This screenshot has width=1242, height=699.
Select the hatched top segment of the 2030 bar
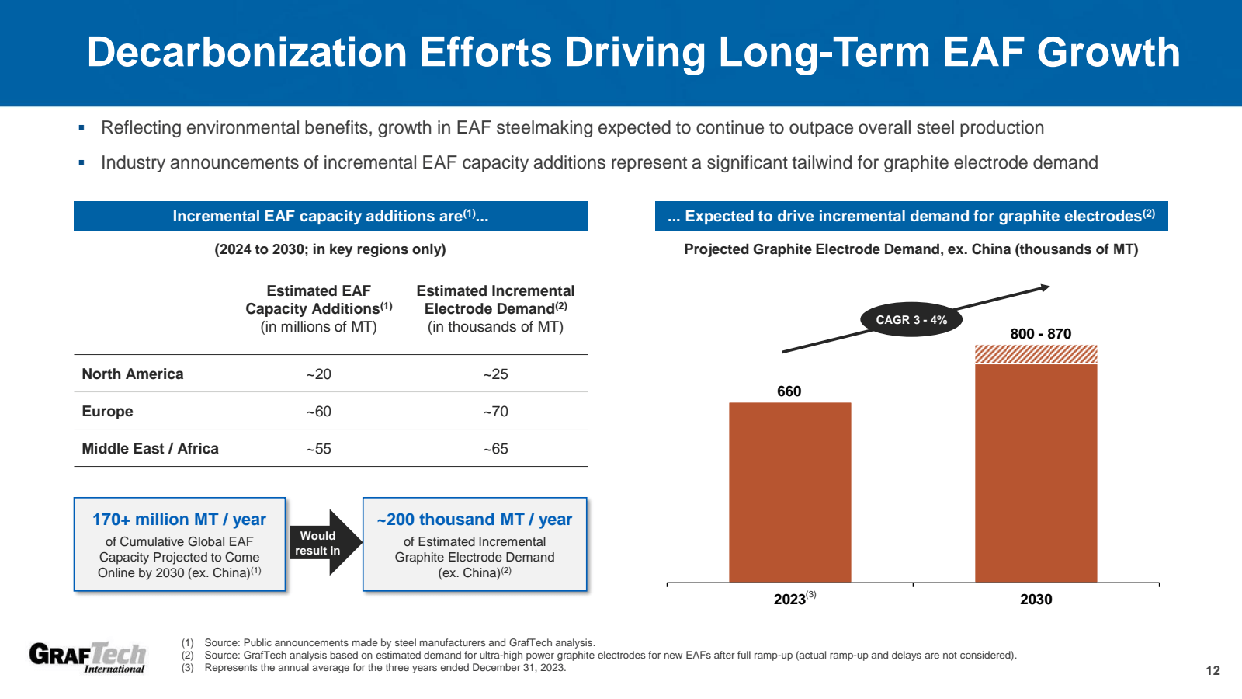click(x=1036, y=354)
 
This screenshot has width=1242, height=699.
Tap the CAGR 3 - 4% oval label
click(x=911, y=320)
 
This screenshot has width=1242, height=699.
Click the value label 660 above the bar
click(x=789, y=391)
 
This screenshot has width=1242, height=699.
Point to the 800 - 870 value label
click(x=1040, y=334)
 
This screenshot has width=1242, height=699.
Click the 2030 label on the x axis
click(x=1036, y=600)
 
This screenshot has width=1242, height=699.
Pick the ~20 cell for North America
click(x=318, y=374)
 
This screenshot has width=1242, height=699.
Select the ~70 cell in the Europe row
click(x=495, y=412)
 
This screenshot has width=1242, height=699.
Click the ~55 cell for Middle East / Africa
click(x=318, y=449)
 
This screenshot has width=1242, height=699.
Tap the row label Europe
click(x=107, y=412)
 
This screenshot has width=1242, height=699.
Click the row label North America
click(x=133, y=374)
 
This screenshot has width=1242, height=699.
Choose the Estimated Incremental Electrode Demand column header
click(x=495, y=308)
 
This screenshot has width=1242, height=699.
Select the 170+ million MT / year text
click(x=179, y=520)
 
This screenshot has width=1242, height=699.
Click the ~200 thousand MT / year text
click(x=474, y=520)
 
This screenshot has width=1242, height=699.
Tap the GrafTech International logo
click(x=87, y=657)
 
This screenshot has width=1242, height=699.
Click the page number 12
click(x=1213, y=671)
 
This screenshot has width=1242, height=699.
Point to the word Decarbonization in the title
click(x=247, y=53)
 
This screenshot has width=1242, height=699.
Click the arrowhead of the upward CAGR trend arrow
click(x=1045, y=288)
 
